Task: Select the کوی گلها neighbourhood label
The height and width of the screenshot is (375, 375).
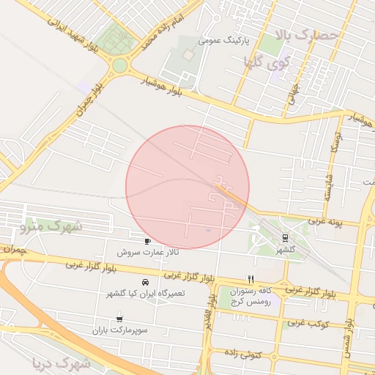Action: point(274,63)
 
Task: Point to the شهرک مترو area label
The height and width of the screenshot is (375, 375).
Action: point(52,226)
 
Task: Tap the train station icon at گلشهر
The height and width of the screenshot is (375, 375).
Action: point(285,237)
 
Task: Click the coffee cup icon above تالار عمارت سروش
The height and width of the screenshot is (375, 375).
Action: point(148,241)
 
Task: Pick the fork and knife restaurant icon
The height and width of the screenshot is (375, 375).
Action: point(251,279)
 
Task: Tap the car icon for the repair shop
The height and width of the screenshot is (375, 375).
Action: point(145,281)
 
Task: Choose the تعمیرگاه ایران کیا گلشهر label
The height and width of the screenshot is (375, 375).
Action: point(145,292)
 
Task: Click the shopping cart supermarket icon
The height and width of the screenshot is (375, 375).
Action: point(119,319)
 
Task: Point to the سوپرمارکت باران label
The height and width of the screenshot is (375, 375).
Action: point(119,330)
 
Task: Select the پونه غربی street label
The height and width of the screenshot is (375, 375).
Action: point(325,219)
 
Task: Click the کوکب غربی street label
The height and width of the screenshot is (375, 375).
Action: point(305,322)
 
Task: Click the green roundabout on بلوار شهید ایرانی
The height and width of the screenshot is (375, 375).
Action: point(119,66)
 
